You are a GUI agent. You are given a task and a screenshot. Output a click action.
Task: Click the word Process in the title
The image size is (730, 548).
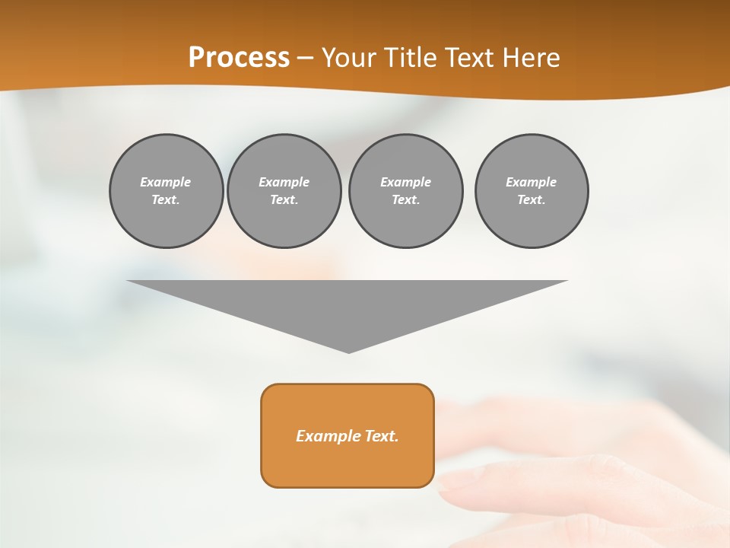pos(239,58)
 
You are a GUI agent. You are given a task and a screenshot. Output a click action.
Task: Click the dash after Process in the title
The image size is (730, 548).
pos(306,59)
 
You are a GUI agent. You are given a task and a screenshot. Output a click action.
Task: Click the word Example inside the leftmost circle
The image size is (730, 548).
pos(165,182)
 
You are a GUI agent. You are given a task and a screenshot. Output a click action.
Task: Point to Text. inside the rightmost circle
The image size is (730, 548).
pos(531,200)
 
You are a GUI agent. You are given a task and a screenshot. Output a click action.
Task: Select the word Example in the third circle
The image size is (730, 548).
pos(405,182)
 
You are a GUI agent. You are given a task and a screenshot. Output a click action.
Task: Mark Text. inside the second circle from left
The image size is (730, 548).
pos(284,200)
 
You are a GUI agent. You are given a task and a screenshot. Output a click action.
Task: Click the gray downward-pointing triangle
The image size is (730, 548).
pos(348,304)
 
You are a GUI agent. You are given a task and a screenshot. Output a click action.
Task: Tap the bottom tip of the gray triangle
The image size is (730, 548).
pos(348,351)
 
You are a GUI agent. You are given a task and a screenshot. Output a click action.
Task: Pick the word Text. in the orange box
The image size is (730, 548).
pos(380,436)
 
